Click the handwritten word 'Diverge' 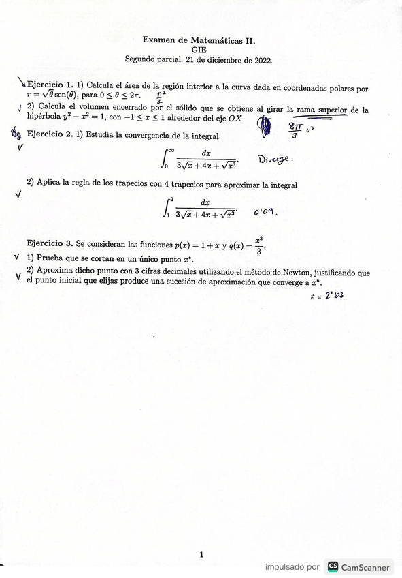tap(273, 159)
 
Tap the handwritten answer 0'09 tap(265, 211)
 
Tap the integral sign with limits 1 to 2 tap(167, 207)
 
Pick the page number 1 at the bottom tap(201, 555)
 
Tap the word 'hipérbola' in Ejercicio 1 tap(46, 119)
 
